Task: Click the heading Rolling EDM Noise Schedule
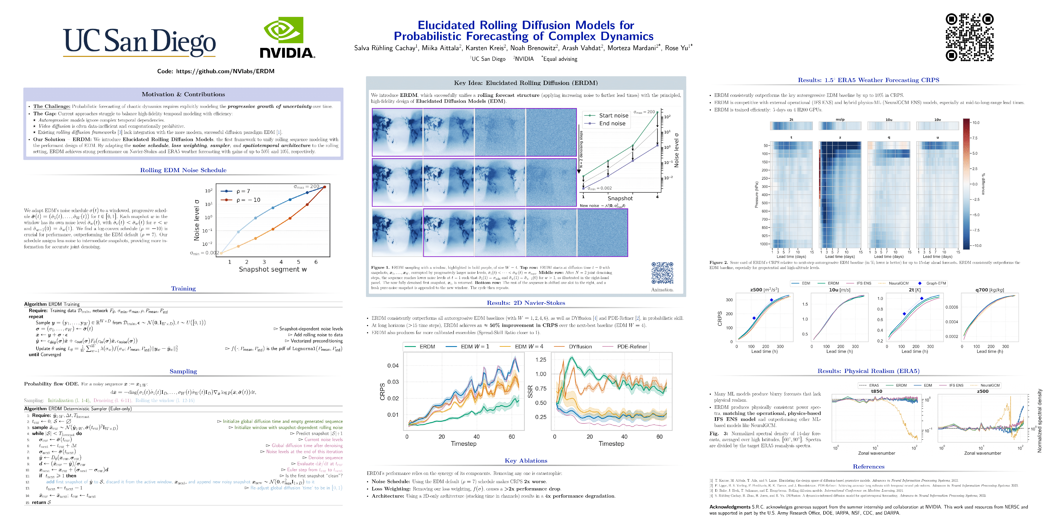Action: (183, 170)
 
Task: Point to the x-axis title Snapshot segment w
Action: (273, 269)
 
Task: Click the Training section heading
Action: (183, 288)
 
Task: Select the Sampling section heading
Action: (183, 371)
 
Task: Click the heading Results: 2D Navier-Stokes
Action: (526, 303)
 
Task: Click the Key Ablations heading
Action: (526, 461)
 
